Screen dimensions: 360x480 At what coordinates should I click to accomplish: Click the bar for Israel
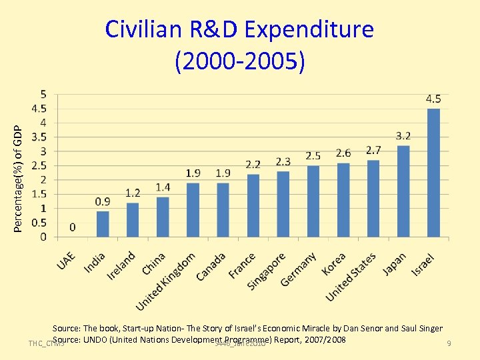click(434, 173)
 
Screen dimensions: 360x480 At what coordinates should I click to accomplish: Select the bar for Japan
click(403, 191)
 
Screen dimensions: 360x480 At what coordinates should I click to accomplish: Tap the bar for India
click(103, 224)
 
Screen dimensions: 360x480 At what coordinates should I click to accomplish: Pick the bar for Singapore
click(283, 204)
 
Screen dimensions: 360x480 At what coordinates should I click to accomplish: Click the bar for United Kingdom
click(193, 210)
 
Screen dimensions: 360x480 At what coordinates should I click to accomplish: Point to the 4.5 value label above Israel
click(433, 99)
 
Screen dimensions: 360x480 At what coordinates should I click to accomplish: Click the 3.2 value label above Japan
click(403, 135)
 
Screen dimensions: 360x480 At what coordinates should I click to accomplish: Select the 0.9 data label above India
click(103, 201)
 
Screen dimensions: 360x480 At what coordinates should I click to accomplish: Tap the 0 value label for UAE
click(72, 227)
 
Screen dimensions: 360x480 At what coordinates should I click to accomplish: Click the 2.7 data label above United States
click(373, 150)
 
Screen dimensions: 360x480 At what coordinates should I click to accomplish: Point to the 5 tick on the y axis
click(43, 93)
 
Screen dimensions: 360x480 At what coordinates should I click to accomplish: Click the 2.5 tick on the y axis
click(41, 165)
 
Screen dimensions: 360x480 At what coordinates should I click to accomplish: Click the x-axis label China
click(154, 263)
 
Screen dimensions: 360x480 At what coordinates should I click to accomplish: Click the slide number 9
click(449, 343)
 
